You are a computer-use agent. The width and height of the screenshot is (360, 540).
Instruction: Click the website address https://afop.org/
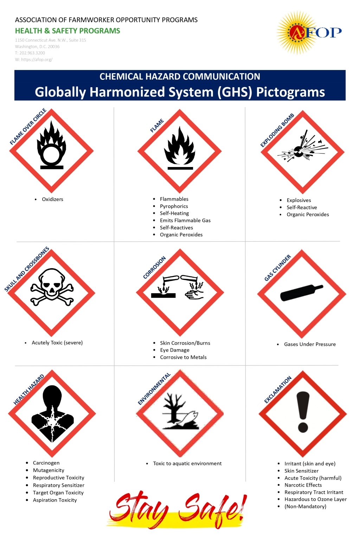37,59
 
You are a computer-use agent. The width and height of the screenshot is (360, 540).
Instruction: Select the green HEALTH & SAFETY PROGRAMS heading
67,31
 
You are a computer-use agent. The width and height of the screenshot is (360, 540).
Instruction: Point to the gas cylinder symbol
301,292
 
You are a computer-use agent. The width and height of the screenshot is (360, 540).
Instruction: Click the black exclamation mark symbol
303,412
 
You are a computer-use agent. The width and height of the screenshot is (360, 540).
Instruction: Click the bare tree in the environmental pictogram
173,408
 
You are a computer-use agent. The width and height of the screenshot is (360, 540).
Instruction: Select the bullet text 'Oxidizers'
52,199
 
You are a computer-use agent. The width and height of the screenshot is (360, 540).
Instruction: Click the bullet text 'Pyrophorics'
174,206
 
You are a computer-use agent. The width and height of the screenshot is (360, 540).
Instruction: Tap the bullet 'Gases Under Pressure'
310,344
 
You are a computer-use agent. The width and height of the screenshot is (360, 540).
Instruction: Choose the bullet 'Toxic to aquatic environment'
187,464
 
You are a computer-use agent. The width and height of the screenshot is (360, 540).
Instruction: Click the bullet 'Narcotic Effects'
303,485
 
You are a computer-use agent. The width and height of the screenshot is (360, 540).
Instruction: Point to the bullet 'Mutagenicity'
49,470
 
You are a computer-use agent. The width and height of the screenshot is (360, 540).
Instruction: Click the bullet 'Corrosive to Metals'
183,357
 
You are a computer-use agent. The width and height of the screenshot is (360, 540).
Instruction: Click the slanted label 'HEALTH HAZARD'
29,390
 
